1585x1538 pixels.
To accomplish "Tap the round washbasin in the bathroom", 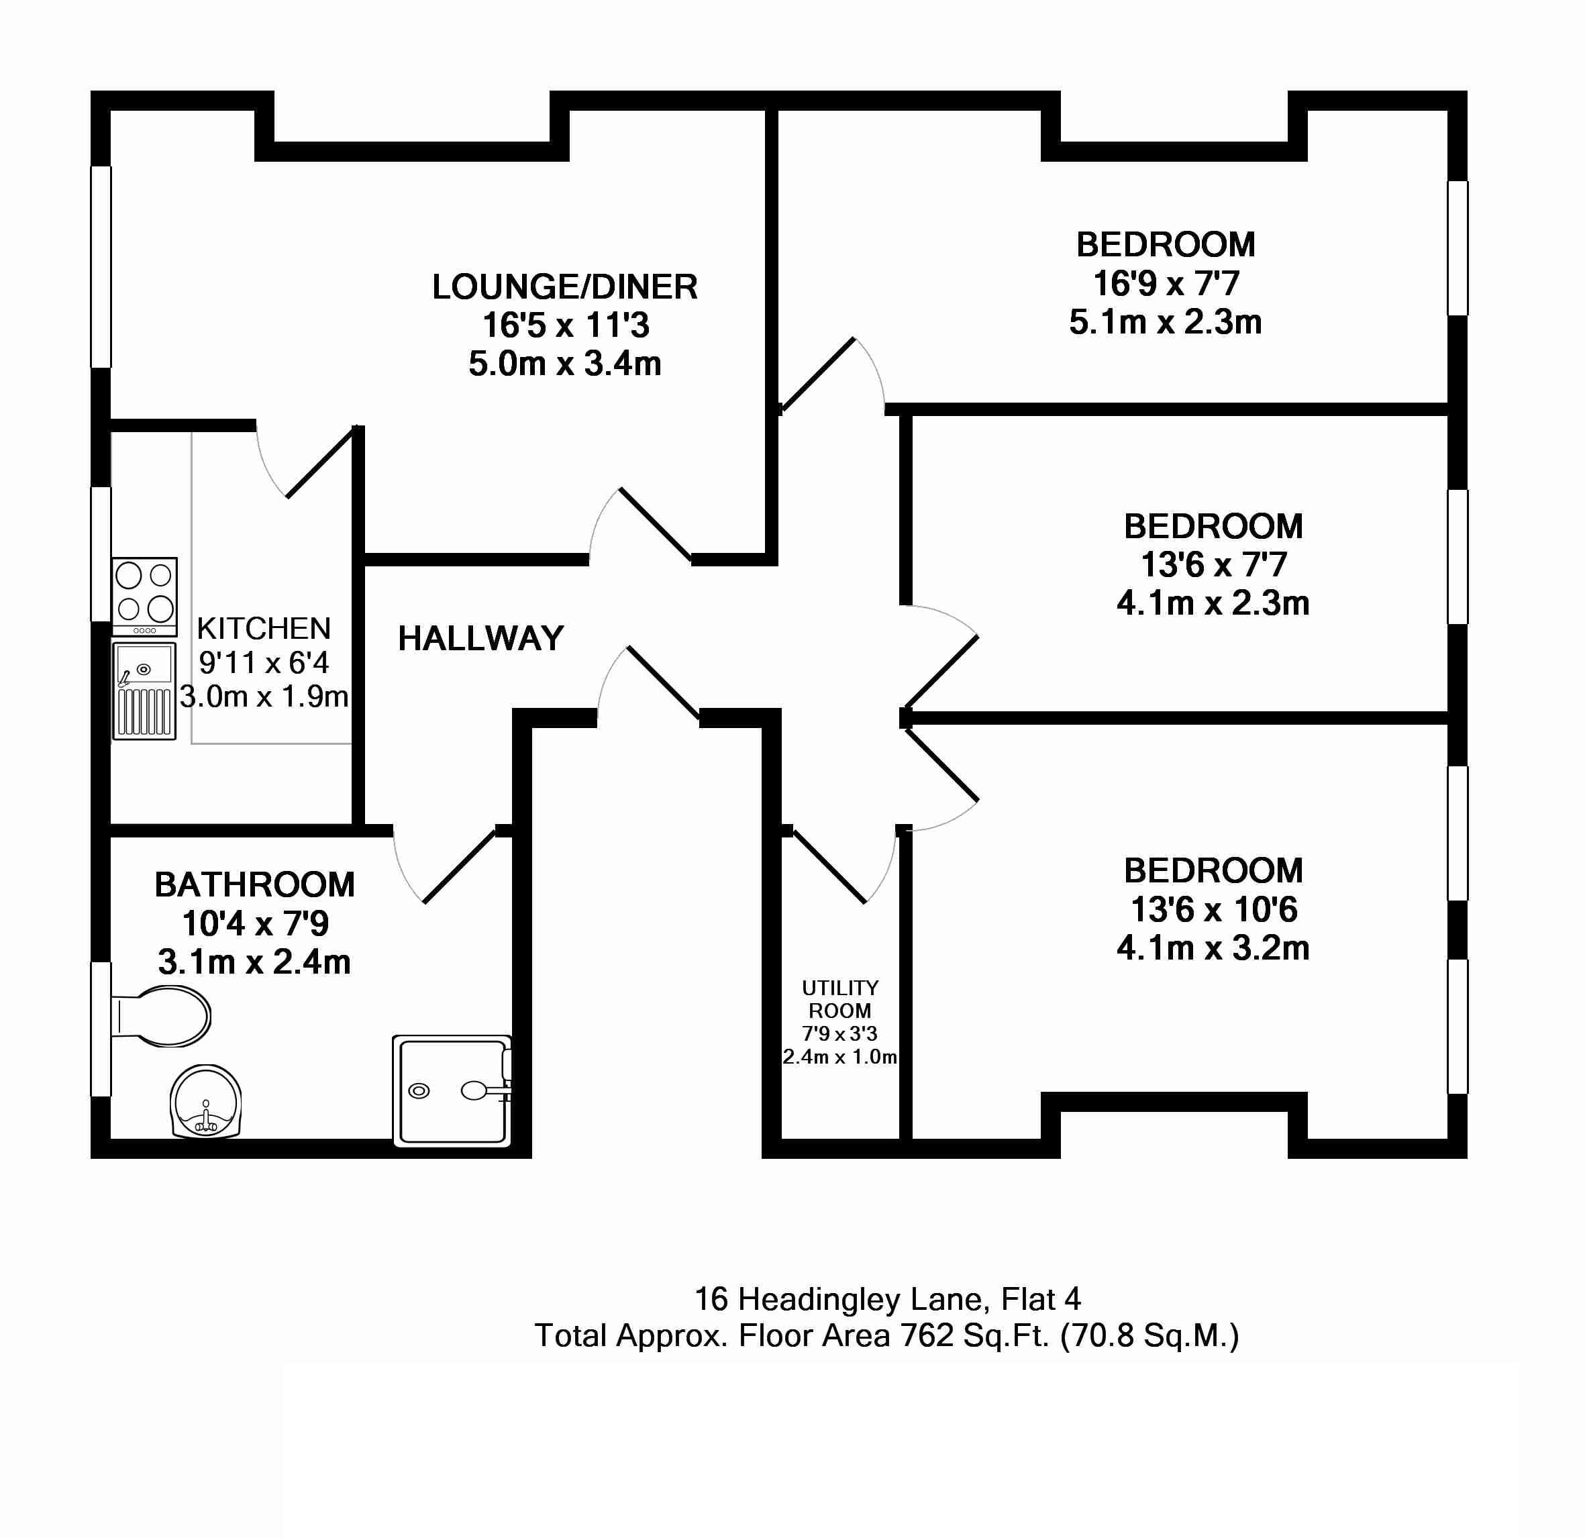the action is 206,1101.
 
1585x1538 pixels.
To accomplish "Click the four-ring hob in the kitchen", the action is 145,596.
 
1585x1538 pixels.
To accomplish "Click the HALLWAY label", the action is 480,639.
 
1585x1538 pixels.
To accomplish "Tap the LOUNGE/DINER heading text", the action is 564,287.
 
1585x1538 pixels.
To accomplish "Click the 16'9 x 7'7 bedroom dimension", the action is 1166,284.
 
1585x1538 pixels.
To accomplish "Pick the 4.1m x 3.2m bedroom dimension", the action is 1213,947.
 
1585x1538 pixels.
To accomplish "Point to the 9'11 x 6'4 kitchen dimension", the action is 264,663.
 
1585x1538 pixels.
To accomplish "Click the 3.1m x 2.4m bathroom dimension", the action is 254,962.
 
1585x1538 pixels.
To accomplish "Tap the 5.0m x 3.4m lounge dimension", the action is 564,364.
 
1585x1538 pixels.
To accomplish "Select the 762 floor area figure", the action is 927,1336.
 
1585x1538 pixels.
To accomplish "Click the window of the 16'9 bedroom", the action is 1458,248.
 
